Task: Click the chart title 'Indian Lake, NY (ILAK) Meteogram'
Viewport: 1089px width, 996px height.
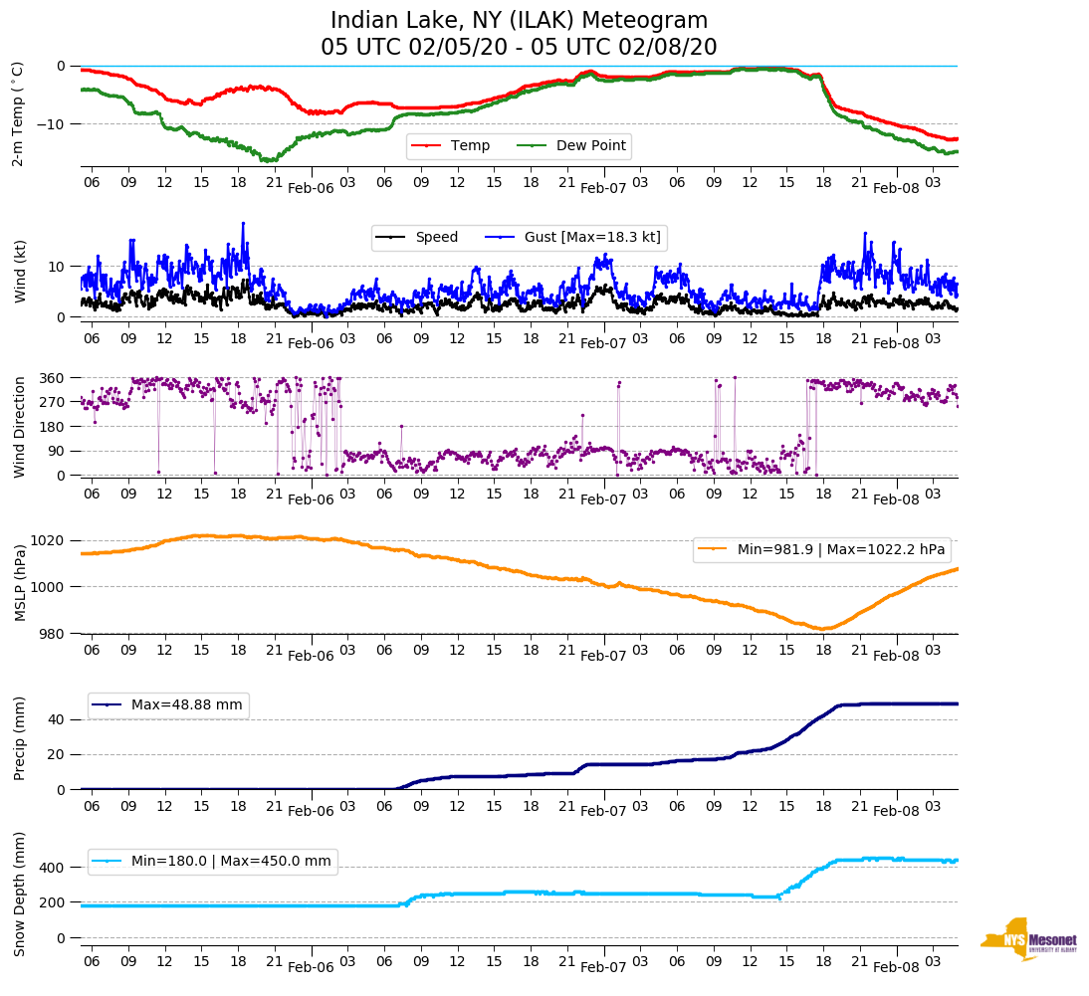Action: pyautogui.click(x=519, y=21)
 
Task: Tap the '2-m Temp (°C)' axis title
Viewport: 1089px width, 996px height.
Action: pyautogui.click(x=17, y=113)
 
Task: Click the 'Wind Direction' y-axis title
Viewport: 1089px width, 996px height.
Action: pyautogui.click(x=19, y=426)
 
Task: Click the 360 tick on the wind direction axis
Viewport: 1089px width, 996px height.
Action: pyautogui.click(x=53, y=378)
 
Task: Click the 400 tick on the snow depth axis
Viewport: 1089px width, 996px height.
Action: pyautogui.click(x=53, y=868)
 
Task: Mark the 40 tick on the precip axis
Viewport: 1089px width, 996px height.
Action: pyautogui.click(x=58, y=719)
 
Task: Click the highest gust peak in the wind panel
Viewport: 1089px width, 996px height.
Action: pyautogui.click(x=242, y=224)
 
